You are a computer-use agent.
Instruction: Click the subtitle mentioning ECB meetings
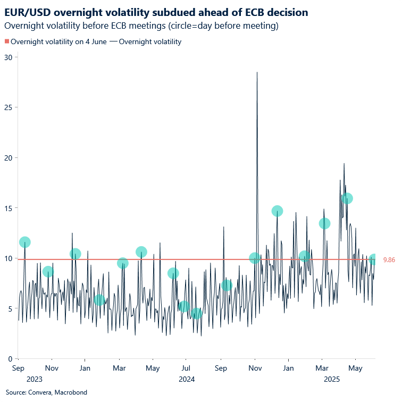(x=141, y=26)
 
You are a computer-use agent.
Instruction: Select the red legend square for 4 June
(x=7, y=41)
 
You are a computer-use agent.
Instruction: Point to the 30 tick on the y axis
(x=8, y=57)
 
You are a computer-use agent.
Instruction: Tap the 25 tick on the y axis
(x=8, y=107)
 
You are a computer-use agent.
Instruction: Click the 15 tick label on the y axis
(x=8, y=208)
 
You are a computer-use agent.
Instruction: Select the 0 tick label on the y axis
(x=10, y=359)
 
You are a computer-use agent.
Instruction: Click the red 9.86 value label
(x=389, y=260)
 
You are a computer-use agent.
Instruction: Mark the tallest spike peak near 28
(x=257, y=72)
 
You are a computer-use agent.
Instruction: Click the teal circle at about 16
(x=347, y=198)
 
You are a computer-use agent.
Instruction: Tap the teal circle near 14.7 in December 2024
(x=277, y=211)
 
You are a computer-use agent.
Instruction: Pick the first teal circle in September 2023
(x=24, y=242)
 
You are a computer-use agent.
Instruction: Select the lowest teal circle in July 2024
(x=197, y=314)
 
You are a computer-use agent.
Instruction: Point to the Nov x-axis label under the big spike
(x=256, y=368)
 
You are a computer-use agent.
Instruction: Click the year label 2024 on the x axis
(x=187, y=379)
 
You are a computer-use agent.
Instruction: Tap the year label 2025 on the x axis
(x=332, y=379)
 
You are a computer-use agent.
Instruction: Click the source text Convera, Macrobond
(x=39, y=392)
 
